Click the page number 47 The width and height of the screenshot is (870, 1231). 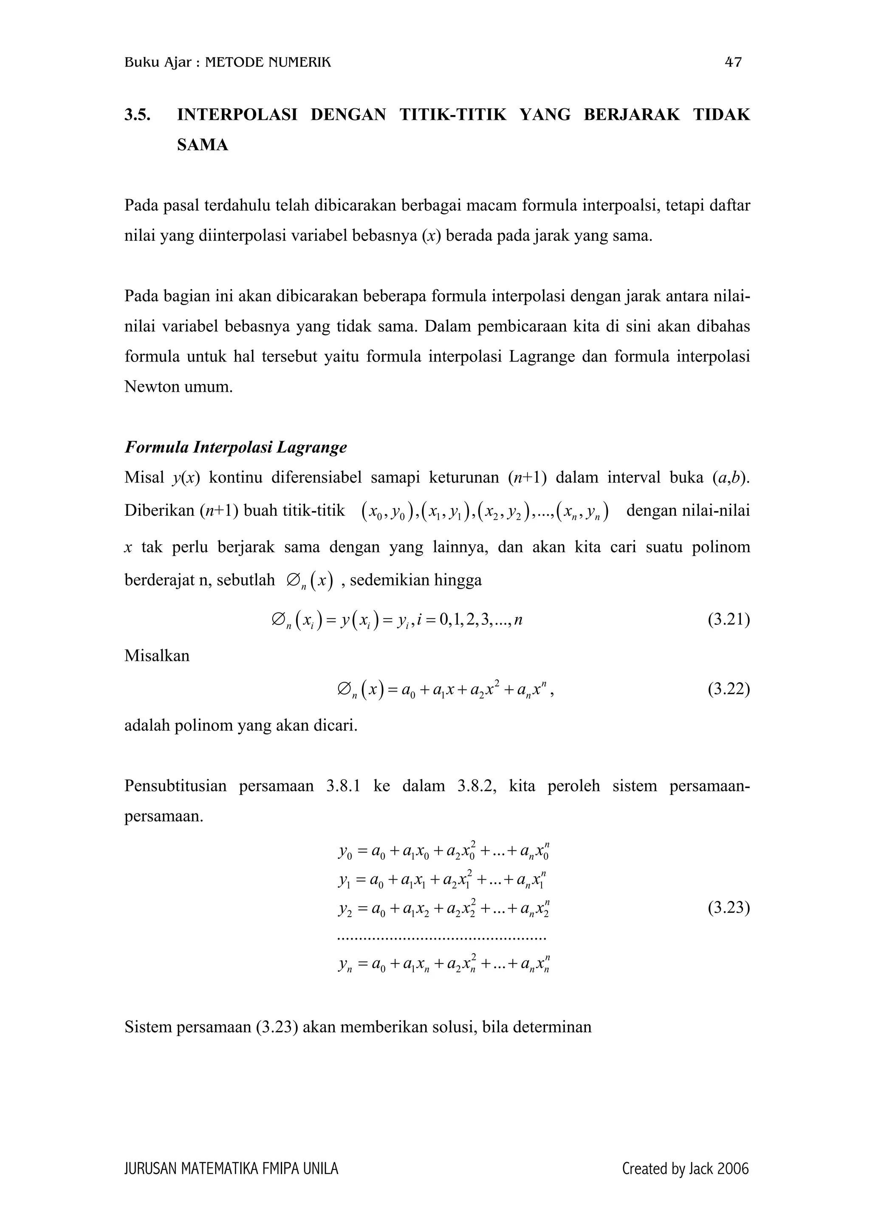pos(733,63)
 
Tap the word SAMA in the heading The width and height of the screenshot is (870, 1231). pos(203,145)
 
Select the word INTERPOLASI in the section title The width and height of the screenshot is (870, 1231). pos(237,115)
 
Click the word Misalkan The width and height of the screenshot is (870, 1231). pos(157,656)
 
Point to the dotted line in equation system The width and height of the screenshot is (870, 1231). pos(442,938)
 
